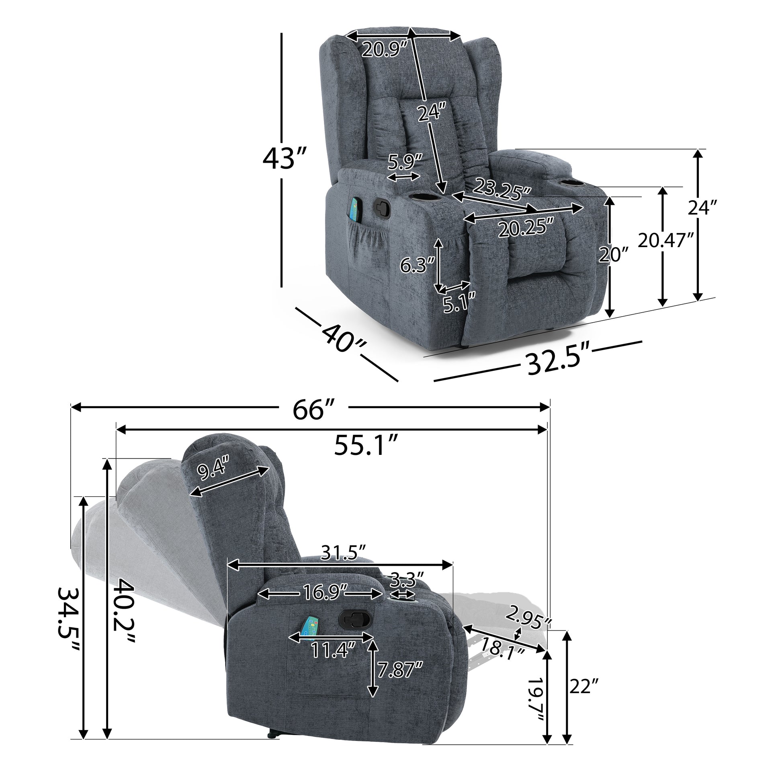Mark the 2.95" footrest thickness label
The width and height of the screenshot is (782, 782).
(x=528, y=619)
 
